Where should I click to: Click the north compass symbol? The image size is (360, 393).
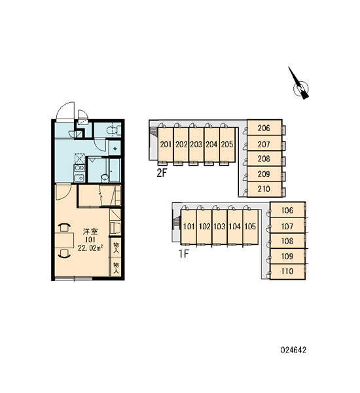click(x=300, y=86)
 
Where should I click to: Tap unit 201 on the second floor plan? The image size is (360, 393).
click(x=166, y=145)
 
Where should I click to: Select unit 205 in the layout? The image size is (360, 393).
click(x=227, y=145)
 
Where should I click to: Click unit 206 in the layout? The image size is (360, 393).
click(x=264, y=128)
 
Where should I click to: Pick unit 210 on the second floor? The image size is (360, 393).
click(x=264, y=189)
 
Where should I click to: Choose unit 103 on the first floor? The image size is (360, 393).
click(x=219, y=227)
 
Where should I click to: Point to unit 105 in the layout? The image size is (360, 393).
click(x=250, y=227)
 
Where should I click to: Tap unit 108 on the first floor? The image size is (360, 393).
click(x=287, y=241)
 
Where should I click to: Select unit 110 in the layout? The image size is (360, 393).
click(x=287, y=271)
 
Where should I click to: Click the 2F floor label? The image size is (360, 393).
click(x=162, y=173)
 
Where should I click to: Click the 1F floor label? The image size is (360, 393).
click(x=183, y=254)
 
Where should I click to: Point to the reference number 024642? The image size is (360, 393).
click(x=293, y=350)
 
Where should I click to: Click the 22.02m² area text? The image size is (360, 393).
click(x=90, y=248)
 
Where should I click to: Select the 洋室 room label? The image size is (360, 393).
click(x=90, y=231)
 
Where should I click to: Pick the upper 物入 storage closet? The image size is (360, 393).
click(x=116, y=247)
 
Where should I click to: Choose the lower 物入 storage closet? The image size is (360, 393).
click(x=116, y=267)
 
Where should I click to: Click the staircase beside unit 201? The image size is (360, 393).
click(x=153, y=132)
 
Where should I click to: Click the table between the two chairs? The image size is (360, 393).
click(x=64, y=240)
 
